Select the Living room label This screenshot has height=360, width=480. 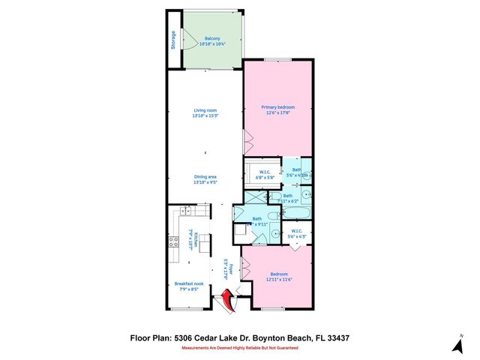click(205, 113)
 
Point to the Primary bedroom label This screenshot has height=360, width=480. click(277, 109)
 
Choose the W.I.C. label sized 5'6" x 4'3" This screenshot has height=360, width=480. click(298, 234)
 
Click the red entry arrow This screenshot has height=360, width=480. click(226, 303)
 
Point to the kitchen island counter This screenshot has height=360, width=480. click(205, 244)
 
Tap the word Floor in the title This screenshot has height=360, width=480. click(142, 338)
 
